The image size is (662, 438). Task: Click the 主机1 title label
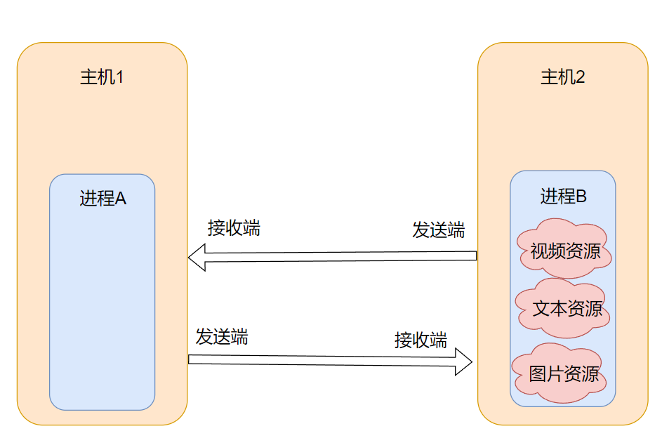(102, 77)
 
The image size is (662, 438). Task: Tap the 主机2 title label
(562, 77)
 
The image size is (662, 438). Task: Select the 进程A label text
(102, 199)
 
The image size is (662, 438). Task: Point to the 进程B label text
(563, 197)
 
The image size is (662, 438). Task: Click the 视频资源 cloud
(563, 250)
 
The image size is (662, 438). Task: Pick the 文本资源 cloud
(563, 308)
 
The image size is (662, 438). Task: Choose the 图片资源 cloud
(563, 373)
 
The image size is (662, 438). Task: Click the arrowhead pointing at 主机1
(197, 257)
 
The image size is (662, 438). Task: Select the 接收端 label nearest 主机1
(234, 227)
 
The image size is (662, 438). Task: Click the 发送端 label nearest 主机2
(438, 230)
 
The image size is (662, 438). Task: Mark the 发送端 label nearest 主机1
(222, 336)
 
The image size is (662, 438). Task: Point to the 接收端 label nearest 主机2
(421, 340)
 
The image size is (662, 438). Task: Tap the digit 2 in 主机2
(580, 77)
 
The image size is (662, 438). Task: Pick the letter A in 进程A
(120, 199)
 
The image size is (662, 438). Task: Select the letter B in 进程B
(581, 197)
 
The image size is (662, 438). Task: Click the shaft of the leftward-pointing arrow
(337, 256)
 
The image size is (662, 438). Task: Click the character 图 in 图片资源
(538, 373)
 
